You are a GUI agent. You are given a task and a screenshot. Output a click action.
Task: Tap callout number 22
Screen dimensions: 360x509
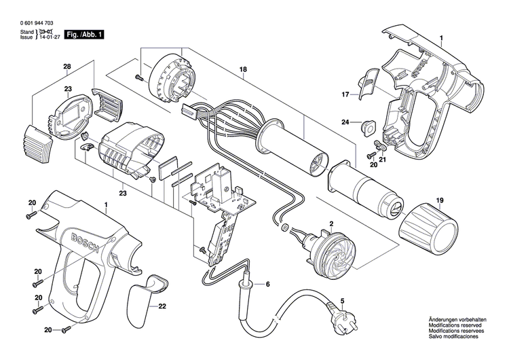(162, 287)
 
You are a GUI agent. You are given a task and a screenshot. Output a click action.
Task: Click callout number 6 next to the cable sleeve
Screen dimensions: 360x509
(267, 284)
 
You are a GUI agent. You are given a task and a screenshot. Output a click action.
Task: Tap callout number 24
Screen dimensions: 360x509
(345, 123)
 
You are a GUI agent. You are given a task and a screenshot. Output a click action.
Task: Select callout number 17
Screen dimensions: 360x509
(345, 94)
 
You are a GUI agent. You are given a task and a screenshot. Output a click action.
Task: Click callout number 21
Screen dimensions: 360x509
(383, 160)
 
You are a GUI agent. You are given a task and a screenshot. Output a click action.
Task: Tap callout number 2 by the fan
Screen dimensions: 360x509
(332, 223)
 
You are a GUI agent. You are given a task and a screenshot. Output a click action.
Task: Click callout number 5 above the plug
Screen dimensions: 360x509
(342, 301)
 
